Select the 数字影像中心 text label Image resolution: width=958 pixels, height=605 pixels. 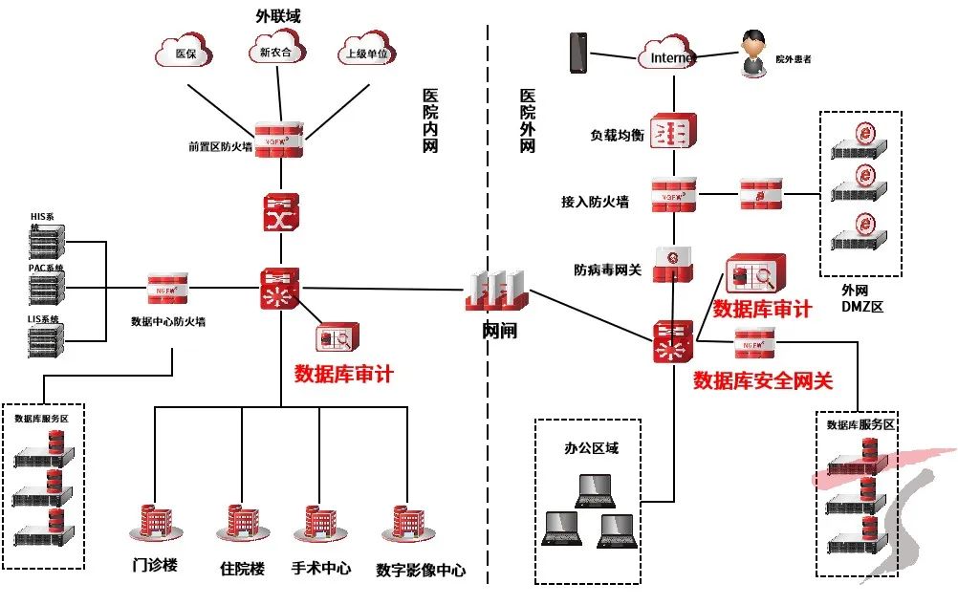[x=421, y=570]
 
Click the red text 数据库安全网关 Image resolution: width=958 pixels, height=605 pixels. [x=763, y=380]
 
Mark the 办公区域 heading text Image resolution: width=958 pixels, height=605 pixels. [x=592, y=447]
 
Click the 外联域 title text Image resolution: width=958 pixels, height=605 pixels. [x=279, y=16]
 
